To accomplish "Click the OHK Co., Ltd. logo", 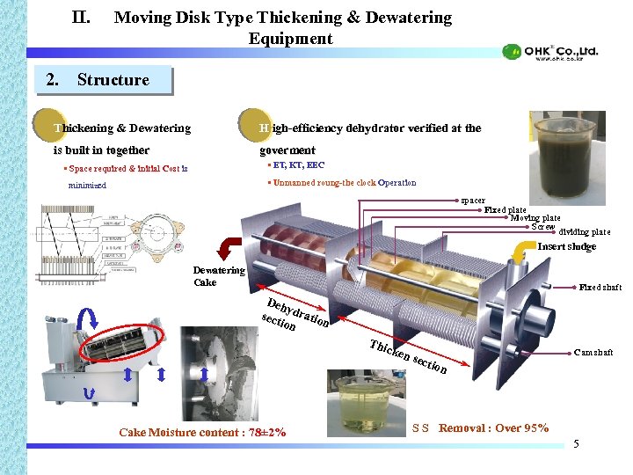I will pos(550,52).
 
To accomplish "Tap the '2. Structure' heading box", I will pos(109,80).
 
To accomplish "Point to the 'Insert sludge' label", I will pos(567,247).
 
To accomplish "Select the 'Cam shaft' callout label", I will pos(593,354).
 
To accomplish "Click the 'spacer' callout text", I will pos(473,201).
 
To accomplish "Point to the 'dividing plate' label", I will pos(585,232).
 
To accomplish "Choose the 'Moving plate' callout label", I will pos(535,218).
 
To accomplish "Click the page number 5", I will pos(576,443).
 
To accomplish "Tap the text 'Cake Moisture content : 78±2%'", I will pos(202,432).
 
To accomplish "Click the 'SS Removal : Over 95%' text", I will pos(481,428).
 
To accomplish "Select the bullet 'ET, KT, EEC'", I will pos(297,164).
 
